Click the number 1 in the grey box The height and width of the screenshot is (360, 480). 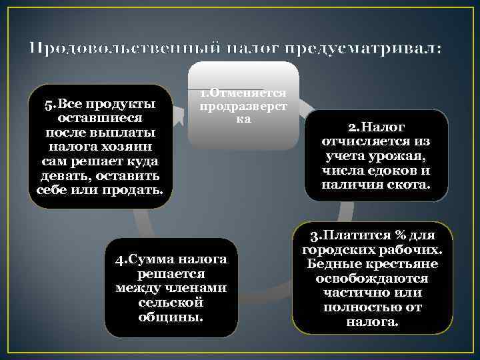[203, 93]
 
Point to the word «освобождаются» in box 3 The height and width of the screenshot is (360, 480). [372, 279]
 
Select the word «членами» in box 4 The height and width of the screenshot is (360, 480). [197, 288]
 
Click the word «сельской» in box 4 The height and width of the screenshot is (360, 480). [171, 303]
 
